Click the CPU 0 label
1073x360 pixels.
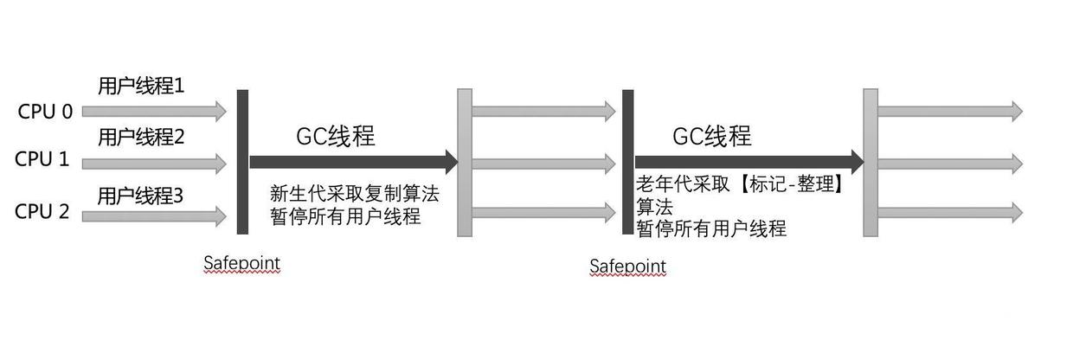(x=44, y=112)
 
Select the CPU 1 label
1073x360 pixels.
(x=41, y=160)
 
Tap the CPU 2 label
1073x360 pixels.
(x=42, y=211)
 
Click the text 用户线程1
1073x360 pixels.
(x=140, y=87)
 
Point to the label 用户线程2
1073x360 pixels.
(x=140, y=137)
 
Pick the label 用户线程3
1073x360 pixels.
(x=140, y=196)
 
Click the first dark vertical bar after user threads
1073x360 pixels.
(x=242, y=161)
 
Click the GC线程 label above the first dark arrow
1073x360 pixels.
(x=336, y=137)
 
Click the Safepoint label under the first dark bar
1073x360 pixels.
(x=241, y=262)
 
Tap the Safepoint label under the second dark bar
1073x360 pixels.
(x=628, y=266)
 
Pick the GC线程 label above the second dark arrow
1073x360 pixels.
(x=711, y=137)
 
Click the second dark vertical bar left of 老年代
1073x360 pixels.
(x=627, y=161)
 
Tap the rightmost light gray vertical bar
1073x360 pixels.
(x=871, y=162)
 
